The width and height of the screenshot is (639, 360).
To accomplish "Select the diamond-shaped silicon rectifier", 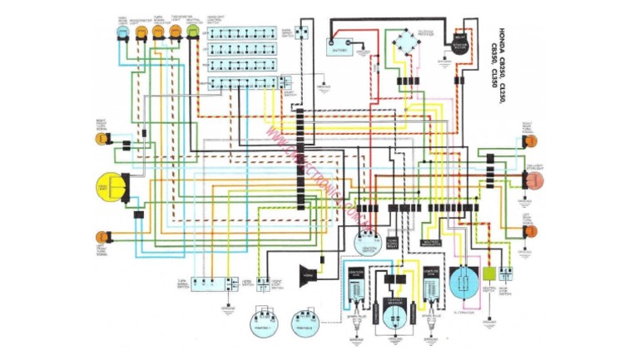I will [408, 40].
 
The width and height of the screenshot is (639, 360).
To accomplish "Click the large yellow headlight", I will [109, 187].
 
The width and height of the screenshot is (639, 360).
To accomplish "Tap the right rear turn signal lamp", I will [531, 140].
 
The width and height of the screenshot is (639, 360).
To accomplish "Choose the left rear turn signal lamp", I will [531, 230].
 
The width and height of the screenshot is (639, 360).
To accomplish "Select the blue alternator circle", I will [463, 283].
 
